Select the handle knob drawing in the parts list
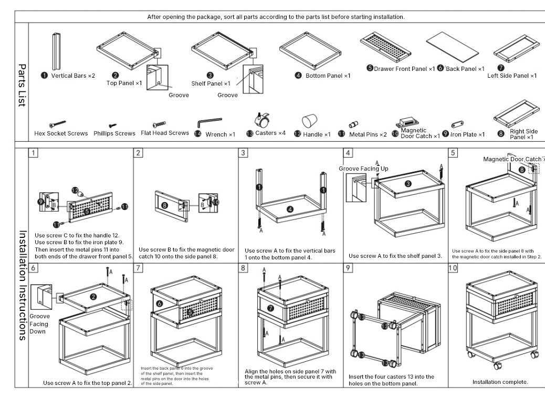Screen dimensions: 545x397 (x=309, y=121)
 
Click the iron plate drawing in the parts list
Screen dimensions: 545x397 (x=457, y=124)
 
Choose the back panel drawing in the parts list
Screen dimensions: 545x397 (x=452, y=47)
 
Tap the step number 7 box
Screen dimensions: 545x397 (x=138, y=268)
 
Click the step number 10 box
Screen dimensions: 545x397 (x=453, y=268)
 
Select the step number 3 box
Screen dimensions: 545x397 (x=243, y=153)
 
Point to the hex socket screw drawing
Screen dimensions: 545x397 (x=57, y=124)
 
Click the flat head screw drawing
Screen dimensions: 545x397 (x=159, y=124)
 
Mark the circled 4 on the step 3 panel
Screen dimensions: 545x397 (x=290, y=210)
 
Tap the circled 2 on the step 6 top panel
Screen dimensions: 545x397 (x=93, y=297)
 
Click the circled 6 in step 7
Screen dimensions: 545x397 (x=159, y=304)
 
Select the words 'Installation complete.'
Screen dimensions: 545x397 (x=500, y=382)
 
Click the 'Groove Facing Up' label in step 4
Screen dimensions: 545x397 (x=363, y=169)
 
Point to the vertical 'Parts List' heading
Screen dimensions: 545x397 (x=22, y=85)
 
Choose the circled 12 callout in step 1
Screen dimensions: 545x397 (x=75, y=190)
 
